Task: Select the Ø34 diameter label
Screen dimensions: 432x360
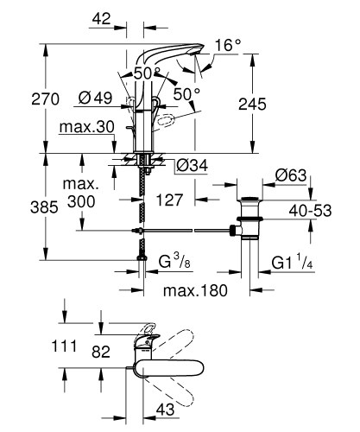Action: [x=191, y=165]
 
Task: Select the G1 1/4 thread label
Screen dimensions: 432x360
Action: [x=291, y=261]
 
